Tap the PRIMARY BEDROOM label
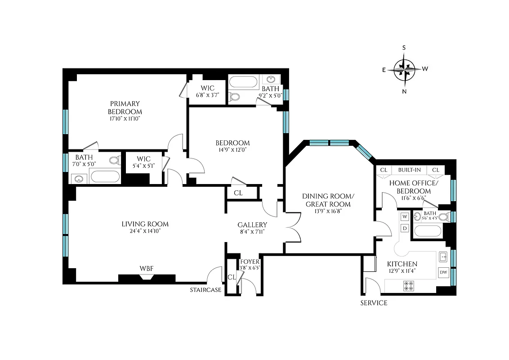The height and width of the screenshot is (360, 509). point(125,108)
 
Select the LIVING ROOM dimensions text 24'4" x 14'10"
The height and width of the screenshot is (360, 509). point(145,231)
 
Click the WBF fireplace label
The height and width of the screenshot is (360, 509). point(147,269)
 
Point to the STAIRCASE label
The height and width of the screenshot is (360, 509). point(206,290)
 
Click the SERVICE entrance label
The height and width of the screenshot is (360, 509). point(374,303)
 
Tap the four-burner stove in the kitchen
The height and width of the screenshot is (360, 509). point(409,285)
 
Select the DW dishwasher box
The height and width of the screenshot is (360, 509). point(443,272)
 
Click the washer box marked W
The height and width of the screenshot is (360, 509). point(405,217)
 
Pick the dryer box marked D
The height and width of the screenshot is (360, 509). point(405,228)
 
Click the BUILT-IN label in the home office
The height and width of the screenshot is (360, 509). point(409,170)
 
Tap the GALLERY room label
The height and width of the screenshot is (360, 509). point(252,225)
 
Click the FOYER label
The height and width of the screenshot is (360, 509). point(250,262)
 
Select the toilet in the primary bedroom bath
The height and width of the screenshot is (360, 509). point(114,160)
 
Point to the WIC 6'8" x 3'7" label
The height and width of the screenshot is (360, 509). point(207,88)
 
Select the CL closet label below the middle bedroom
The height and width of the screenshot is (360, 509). point(238,193)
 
